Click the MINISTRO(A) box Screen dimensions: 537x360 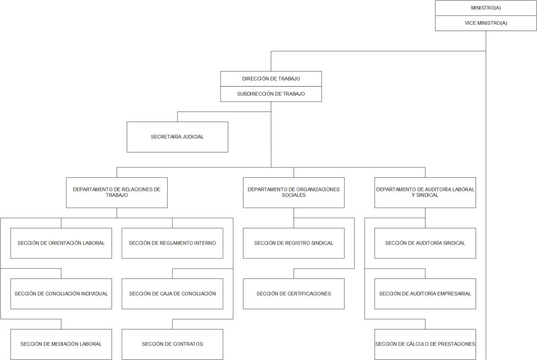coord(486,8)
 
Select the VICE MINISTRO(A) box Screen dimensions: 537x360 coord(486,23)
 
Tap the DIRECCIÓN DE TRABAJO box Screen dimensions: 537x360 coord(271,79)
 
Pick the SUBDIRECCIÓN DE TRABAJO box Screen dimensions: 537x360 coord(271,94)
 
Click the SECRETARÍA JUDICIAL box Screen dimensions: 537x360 coord(177,137)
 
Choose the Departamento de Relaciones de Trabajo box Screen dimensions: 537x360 coord(117,193)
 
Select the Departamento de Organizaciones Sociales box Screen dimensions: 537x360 coord(294,193)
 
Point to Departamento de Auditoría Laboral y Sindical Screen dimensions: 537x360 coord(425,193)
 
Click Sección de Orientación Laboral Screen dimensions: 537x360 coord(61,243)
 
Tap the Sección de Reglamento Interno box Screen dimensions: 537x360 coord(172,243)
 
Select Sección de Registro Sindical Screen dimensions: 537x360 coord(294,243)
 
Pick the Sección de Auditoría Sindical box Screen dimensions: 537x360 coord(425,243)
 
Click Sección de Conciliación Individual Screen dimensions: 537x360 coord(61,294)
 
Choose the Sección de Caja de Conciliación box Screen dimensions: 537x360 coord(172,294)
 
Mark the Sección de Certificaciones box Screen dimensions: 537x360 coord(294,294)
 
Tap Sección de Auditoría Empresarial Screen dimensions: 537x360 coord(425,294)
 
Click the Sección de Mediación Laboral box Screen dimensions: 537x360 coord(61,344)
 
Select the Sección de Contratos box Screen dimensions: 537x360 coord(172,344)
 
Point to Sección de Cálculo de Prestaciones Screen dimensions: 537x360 coord(425,344)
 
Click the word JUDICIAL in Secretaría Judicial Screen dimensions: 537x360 coord(193,137)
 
